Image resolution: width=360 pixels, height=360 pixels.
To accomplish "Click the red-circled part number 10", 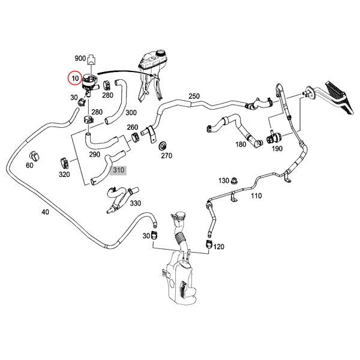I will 76,79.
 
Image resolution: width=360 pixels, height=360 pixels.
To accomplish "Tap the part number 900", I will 80,58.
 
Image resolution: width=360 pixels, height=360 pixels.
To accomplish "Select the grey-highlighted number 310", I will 118,170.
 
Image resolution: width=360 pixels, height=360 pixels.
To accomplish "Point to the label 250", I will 194,96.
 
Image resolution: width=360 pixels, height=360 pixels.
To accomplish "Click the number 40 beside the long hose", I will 45,212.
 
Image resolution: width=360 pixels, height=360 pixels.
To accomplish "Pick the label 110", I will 256,196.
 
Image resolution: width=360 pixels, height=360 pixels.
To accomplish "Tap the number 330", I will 135,203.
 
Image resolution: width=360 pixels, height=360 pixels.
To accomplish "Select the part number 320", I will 64,175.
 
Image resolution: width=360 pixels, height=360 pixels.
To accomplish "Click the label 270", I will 166,156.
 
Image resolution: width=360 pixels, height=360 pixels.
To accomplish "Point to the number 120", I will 218,247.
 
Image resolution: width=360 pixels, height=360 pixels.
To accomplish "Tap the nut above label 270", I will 163,146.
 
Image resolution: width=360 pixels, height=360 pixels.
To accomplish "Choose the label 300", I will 131,113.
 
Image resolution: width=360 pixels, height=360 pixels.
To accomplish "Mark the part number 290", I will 94,154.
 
